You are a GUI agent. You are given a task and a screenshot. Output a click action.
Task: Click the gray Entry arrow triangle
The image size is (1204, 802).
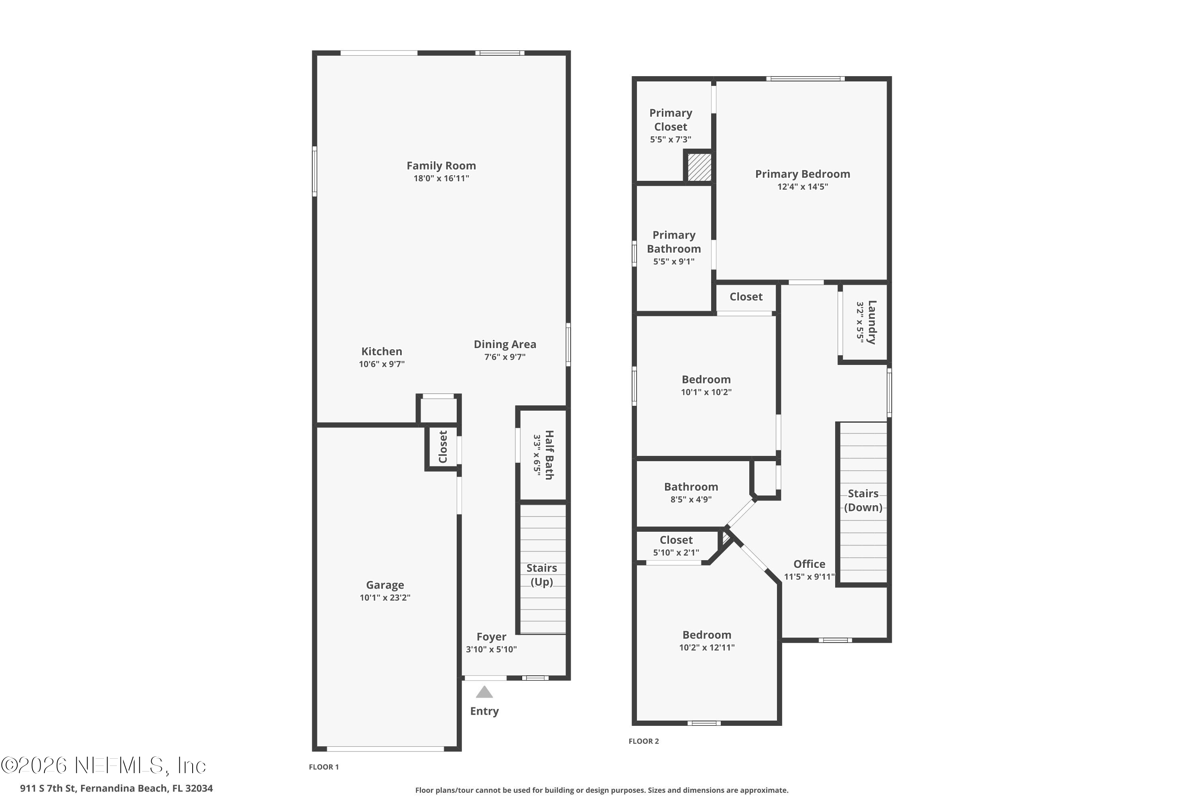pyautogui.click(x=484, y=692)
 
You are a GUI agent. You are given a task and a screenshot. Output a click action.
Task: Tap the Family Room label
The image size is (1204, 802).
pyautogui.click(x=441, y=166)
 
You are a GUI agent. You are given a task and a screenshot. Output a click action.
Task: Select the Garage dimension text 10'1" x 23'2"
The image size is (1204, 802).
pyautogui.click(x=385, y=597)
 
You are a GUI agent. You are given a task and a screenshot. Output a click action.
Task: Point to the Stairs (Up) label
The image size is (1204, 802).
pyautogui.click(x=541, y=575)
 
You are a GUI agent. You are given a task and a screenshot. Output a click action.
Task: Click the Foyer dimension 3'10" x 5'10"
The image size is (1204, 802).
pyautogui.click(x=491, y=650)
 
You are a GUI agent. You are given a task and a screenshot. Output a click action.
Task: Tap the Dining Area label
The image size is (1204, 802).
pyautogui.click(x=505, y=344)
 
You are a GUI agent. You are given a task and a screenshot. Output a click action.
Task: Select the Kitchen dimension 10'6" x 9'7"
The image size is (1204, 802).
pyautogui.click(x=382, y=364)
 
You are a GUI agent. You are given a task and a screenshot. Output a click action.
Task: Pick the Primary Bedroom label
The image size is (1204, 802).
pyautogui.click(x=803, y=174)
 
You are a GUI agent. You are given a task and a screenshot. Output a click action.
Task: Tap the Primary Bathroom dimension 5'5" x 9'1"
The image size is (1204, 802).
pyautogui.click(x=674, y=261)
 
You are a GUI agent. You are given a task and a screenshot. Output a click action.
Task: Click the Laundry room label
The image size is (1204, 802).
pyautogui.click(x=872, y=322)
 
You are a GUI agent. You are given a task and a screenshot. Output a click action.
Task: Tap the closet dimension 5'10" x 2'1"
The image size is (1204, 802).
pyautogui.click(x=676, y=553)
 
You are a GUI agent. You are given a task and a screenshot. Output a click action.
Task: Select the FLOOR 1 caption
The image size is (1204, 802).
pyautogui.click(x=324, y=767)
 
